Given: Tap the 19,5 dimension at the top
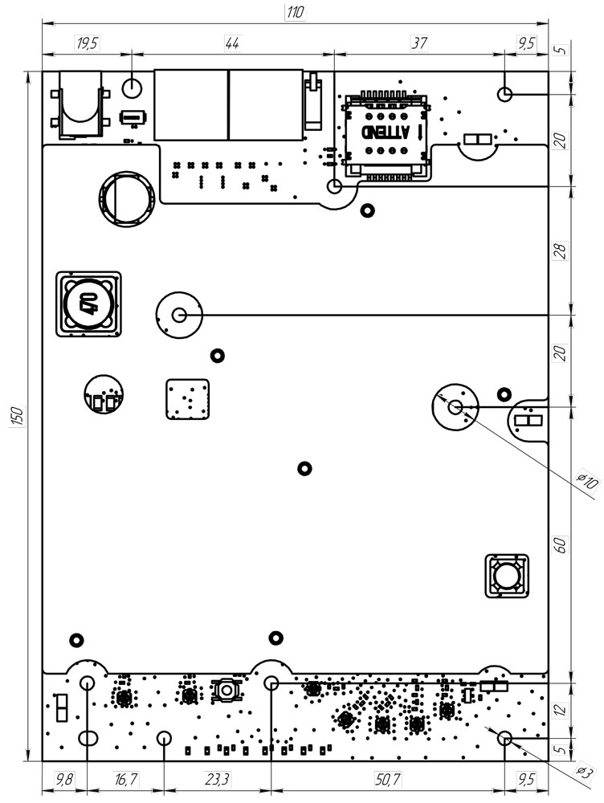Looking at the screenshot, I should (87, 43).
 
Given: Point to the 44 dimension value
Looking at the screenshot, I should (232, 43).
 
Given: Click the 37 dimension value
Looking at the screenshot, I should (418, 43).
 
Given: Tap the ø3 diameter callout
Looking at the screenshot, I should (586, 772).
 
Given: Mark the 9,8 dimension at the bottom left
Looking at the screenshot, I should (64, 778).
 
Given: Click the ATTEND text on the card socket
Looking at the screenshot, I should (386, 133).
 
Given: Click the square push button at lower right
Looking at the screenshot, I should (507, 576).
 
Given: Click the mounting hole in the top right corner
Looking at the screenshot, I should (505, 94).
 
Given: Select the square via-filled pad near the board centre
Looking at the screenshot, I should (188, 398).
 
